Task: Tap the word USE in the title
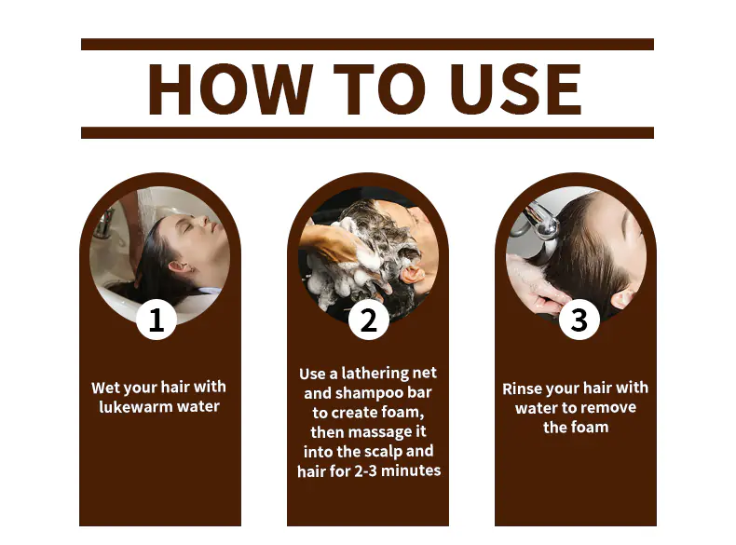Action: click(x=515, y=89)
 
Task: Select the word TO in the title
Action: click(x=379, y=89)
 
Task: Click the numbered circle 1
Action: click(x=157, y=320)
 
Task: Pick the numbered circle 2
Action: click(x=369, y=320)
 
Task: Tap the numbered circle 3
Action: click(x=579, y=320)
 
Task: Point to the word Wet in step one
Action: click(x=103, y=387)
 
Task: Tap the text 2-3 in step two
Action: click(x=365, y=470)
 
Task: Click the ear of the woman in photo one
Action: click(x=181, y=267)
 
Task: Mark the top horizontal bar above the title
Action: click(x=367, y=44)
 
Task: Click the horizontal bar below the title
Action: click(x=367, y=132)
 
